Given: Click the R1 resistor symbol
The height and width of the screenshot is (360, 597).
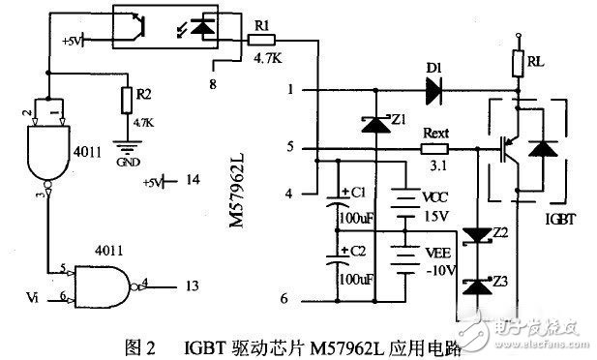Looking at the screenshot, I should pyautogui.click(x=256, y=40).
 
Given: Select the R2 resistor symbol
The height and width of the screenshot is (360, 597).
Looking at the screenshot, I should pyautogui.click(x=124, y=100).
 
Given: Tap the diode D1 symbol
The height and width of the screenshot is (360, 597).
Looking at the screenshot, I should pyautogui.click(x=432, y=91).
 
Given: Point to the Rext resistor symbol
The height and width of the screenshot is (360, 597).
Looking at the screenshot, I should pyautogui.click(x=435, y=150).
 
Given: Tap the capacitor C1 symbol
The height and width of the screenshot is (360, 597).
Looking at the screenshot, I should pyautogui.click(x=341, y=206).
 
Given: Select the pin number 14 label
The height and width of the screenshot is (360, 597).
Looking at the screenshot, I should pyautogui.click(x=194, y=180).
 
